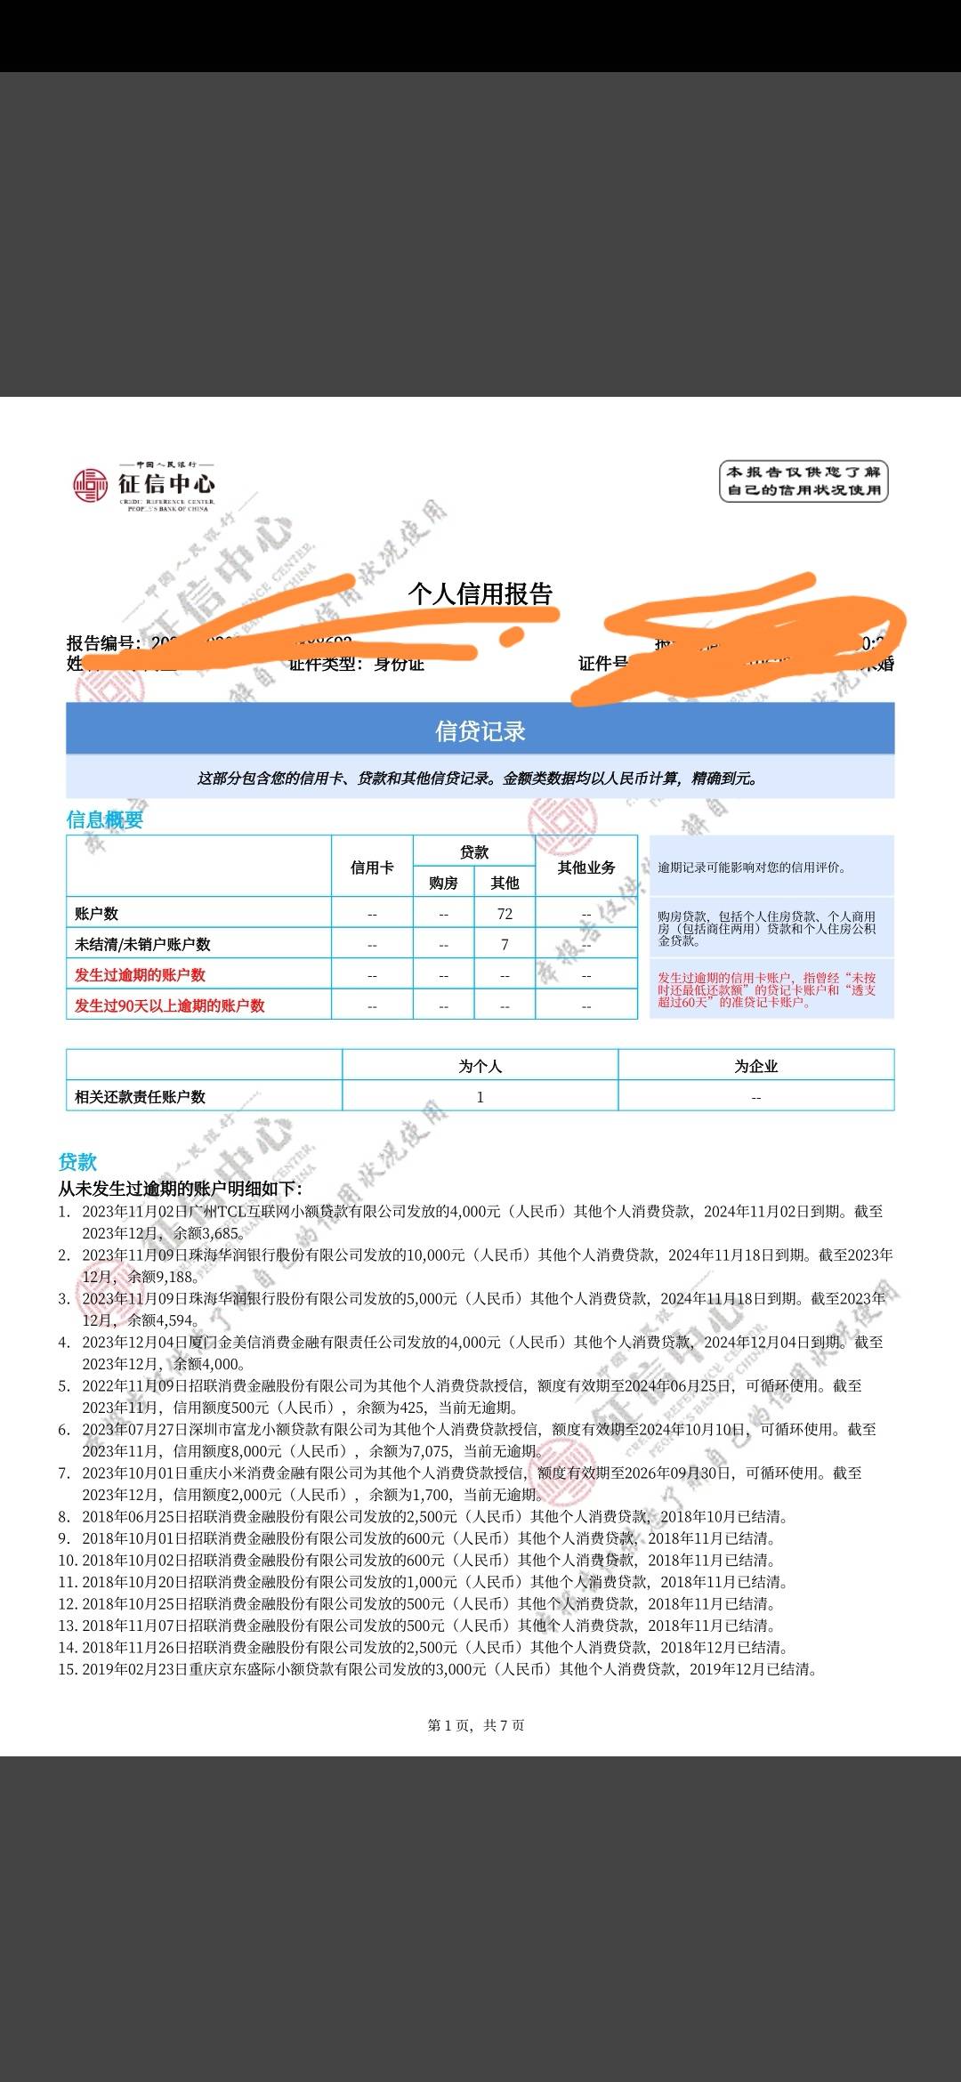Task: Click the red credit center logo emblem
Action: click(x=90, y=485)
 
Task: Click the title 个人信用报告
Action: click(x=480, y=593)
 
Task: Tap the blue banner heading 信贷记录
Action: click(x=480, y=730)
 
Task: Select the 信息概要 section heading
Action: click(x=105, y=819)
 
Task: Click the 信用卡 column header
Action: click(x=372, y=867)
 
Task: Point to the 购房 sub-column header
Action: click(x=443, y=883)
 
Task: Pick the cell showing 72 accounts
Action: click(x=505, y=914)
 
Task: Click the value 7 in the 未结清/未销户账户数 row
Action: click(x=505, y=944)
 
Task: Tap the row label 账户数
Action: click(x=96, y=914)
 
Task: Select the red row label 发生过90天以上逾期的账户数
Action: click(x=169, y=1005)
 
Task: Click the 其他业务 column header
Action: click(x=585, y=867)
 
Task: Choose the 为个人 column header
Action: click(x=480, y=1066)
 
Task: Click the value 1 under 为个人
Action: click(x=480, y=1097)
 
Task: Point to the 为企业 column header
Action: click(x=755, y=1066)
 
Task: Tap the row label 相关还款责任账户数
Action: click(x=140, y=1097)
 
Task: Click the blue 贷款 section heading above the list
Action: click(x=77, y=1161)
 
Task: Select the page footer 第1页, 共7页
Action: click(x=476, y=1725)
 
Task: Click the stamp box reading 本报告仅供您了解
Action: click(x=804, y=481)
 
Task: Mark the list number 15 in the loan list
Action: click(x=68, y=1669)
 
